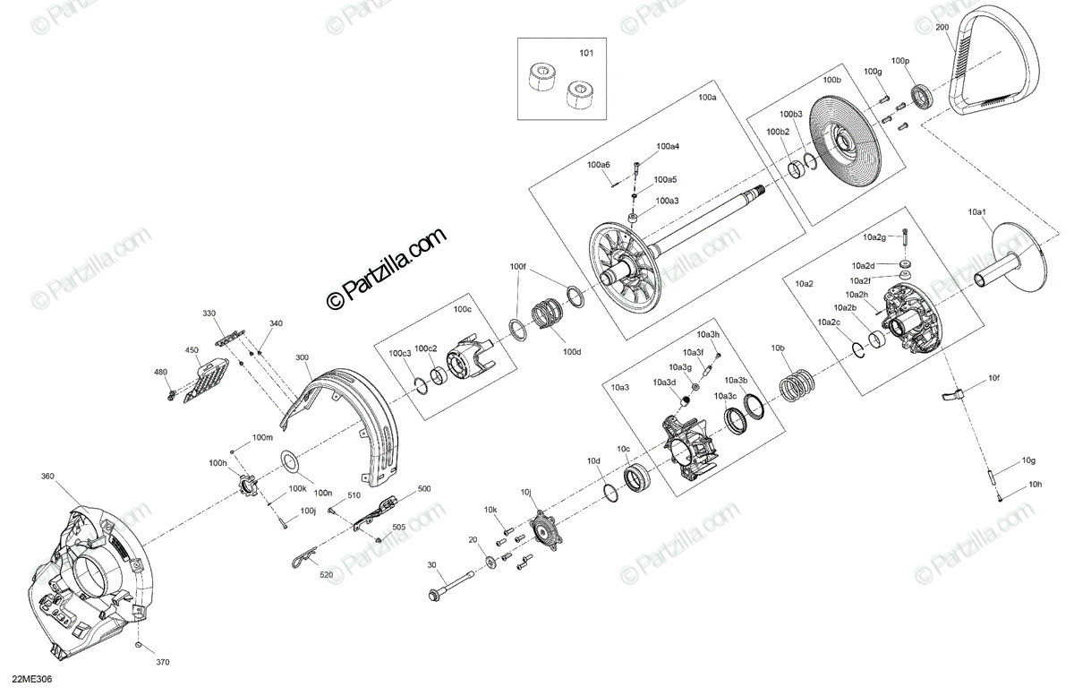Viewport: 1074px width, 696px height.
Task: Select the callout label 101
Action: point(586,54)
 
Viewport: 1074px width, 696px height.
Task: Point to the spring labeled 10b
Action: point(796,386)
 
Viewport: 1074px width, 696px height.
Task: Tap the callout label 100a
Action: point(707,96)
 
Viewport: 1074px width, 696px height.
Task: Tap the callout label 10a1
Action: point(976,212)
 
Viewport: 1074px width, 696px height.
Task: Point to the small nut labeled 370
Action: point(138,646)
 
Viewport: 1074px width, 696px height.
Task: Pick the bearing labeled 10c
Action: point(638,478)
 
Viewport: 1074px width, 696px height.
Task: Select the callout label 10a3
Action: point(620,388)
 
